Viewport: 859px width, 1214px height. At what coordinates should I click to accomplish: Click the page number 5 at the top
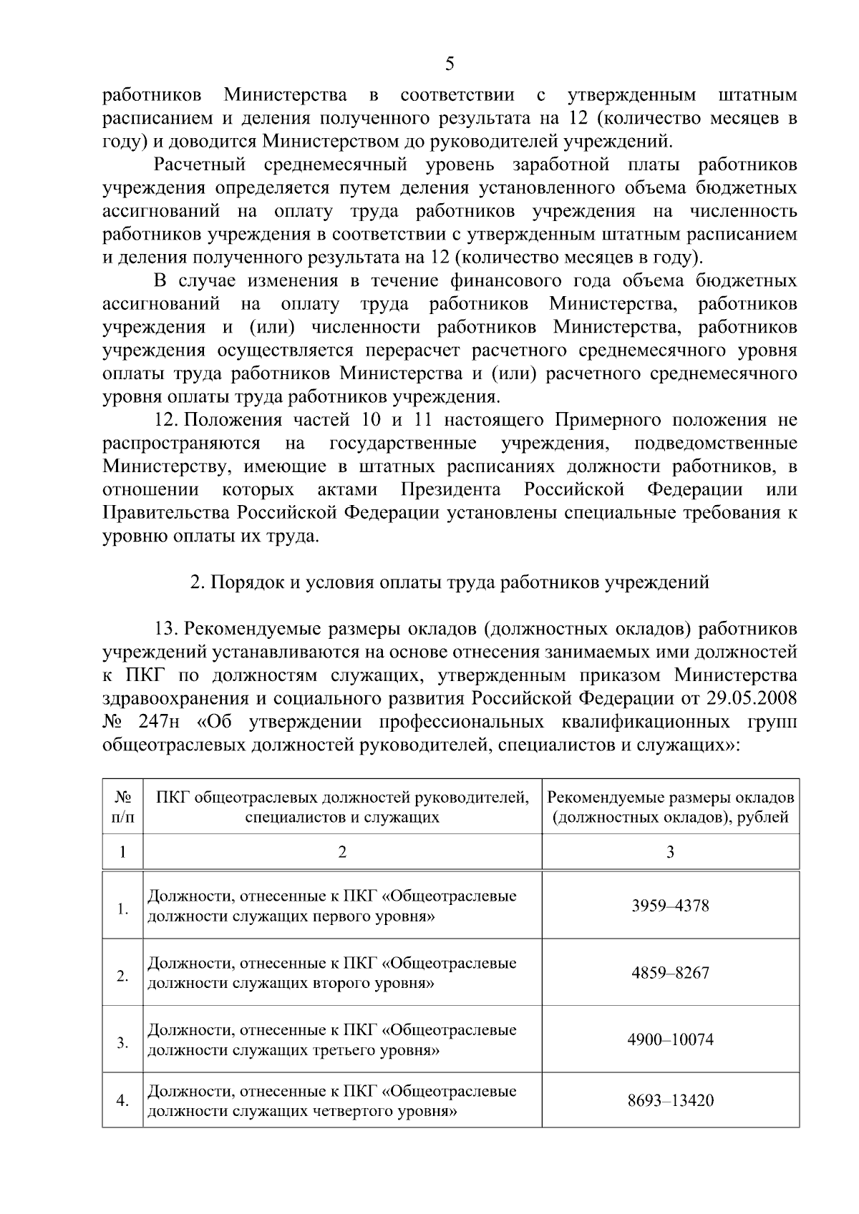point(450,64)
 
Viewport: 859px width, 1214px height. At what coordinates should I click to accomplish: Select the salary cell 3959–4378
point(670,906)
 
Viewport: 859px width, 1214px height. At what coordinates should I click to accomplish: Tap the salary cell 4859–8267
point(670,973)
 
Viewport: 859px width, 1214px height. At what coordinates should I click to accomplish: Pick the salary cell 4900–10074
point(670,1039)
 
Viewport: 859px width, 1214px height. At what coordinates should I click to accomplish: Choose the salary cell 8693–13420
point(670,1100)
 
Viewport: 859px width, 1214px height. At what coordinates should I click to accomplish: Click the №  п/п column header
point(122,807)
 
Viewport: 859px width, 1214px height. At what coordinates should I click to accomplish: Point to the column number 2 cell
point(342,852)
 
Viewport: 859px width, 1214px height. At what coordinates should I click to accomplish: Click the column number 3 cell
point(670,852)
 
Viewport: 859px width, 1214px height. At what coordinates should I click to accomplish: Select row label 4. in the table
point(122,1101)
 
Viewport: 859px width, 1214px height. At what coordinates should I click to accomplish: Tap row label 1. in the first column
point(122,909)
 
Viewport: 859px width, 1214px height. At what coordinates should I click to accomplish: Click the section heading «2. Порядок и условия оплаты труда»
point(450,582)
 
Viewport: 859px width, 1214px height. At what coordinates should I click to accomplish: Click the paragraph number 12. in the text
point(168,420)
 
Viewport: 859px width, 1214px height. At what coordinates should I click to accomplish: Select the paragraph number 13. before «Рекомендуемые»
point(167,629)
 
